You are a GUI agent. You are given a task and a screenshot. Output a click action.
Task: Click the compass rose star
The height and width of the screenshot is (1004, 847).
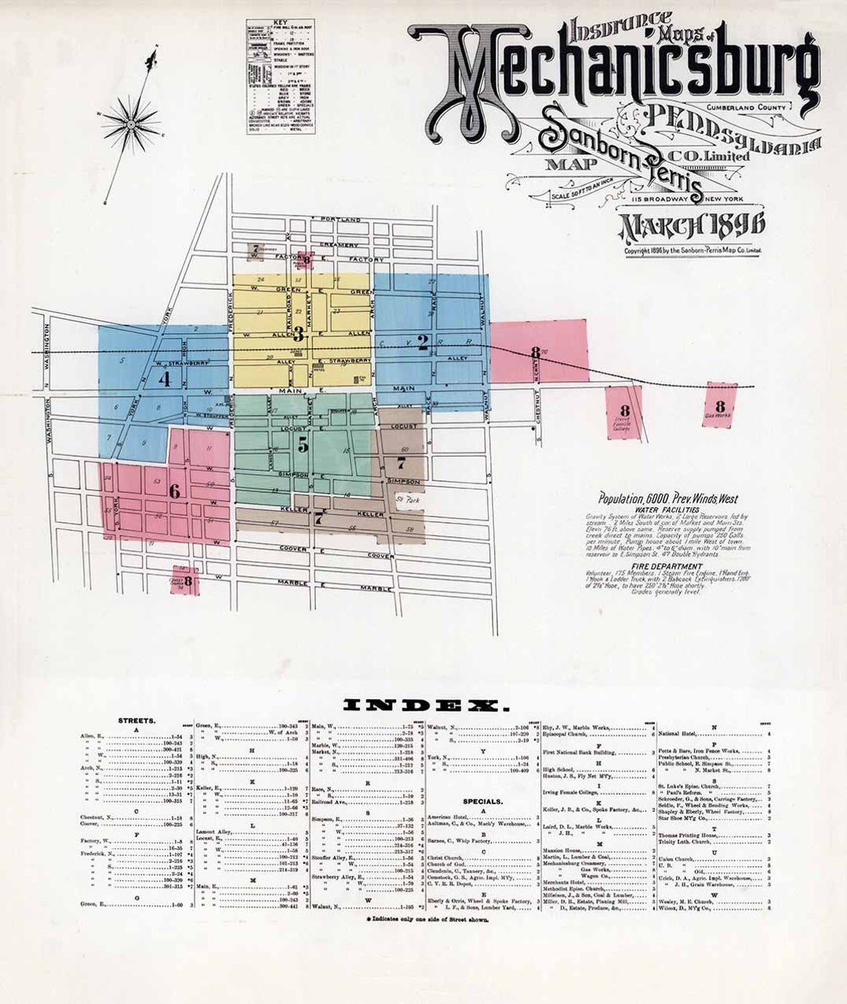[131, 121]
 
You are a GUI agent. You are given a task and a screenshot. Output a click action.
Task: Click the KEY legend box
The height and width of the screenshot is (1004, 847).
[281, 77]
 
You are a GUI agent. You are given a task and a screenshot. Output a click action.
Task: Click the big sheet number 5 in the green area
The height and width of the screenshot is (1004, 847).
[303, 444]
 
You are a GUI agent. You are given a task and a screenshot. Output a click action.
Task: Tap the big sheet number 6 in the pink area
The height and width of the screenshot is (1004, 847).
[174, 491]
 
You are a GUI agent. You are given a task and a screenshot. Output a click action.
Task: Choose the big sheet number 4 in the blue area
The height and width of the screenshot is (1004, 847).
[165, 378]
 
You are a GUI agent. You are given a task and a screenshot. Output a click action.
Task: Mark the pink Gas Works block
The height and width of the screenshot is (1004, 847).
[720, 404]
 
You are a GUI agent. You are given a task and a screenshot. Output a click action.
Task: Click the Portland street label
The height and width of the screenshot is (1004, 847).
[340, 219]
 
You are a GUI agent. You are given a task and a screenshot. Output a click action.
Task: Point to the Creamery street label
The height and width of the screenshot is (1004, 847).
[339, 245]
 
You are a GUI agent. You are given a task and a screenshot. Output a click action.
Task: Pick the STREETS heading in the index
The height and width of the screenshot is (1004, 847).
[136, 719]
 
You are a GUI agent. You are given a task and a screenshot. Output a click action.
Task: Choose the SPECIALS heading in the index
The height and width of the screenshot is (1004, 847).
[482, 802]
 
